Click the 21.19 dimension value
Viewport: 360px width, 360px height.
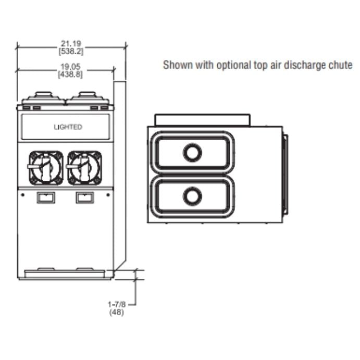(71, 43)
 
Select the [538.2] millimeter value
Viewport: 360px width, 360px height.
(71, 51)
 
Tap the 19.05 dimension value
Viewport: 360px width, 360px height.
(70, 67)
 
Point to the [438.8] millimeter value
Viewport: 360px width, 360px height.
(70, 75)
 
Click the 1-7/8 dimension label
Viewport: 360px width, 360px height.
(117, 304)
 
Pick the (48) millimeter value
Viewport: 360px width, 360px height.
(117, 312)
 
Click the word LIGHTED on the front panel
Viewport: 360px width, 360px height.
(68, 127)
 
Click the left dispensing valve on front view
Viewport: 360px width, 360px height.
(46, 168)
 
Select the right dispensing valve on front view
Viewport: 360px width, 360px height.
(84, 168)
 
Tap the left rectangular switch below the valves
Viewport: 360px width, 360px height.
(46, 197)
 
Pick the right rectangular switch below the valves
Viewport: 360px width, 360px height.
(85, 197)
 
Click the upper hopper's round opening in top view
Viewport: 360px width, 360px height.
(192, 153)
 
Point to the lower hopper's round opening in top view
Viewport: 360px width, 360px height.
(192, 196)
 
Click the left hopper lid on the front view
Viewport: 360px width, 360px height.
(44, 98)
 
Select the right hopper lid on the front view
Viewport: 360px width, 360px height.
(88, 98)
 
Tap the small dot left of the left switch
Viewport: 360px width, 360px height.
(23, 195)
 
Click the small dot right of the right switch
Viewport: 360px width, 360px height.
(108, 195)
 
